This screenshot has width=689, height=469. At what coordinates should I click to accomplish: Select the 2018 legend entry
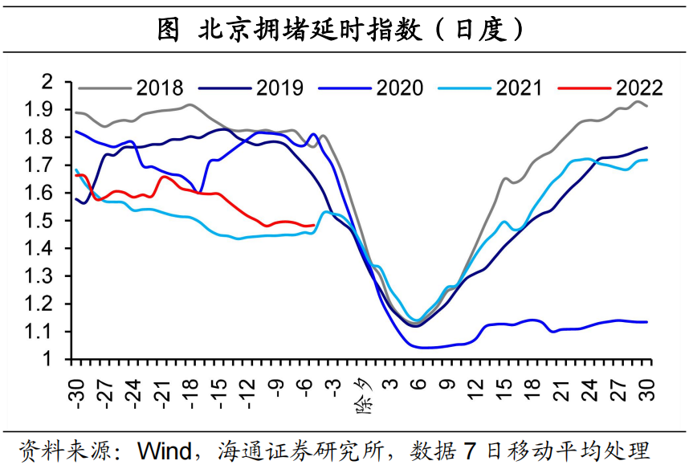coord(159,88)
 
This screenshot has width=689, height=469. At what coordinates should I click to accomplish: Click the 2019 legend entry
coord(279,88)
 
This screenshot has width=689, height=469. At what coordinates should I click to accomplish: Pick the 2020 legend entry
coord(399,88)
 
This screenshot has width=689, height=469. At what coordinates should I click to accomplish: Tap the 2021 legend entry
coord(520,88)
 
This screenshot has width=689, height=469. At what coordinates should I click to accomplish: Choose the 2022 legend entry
coord(639,88)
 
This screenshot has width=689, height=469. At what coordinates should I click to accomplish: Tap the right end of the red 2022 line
coord(314,226)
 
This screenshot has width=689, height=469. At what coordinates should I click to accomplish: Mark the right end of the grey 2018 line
coord(647,106)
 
